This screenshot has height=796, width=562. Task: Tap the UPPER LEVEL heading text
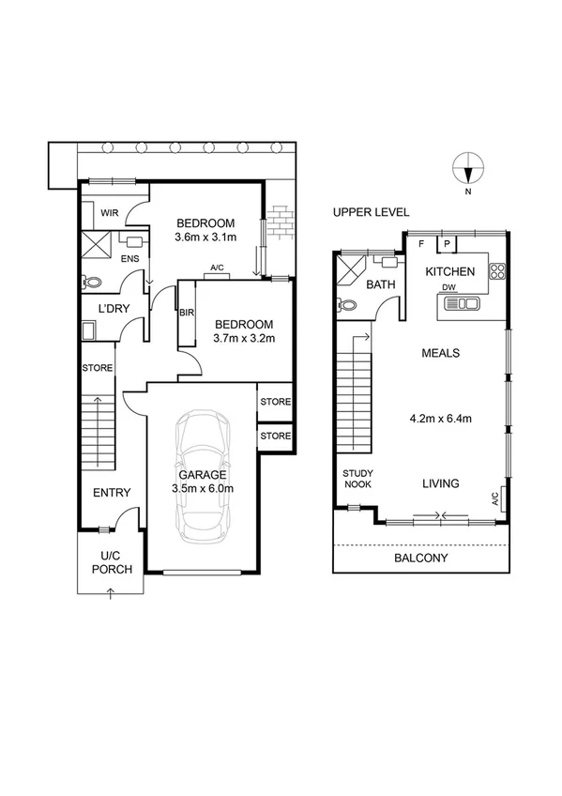371,213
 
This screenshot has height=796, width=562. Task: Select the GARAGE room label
204,475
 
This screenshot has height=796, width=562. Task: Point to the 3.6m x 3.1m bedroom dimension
205,237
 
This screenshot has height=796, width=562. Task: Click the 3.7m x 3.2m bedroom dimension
243,338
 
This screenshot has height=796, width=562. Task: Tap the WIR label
109,213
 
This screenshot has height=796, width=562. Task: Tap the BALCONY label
421,558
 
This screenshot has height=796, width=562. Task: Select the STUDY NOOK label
357,479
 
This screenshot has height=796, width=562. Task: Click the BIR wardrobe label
185,313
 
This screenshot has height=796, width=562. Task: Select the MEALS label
439,353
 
